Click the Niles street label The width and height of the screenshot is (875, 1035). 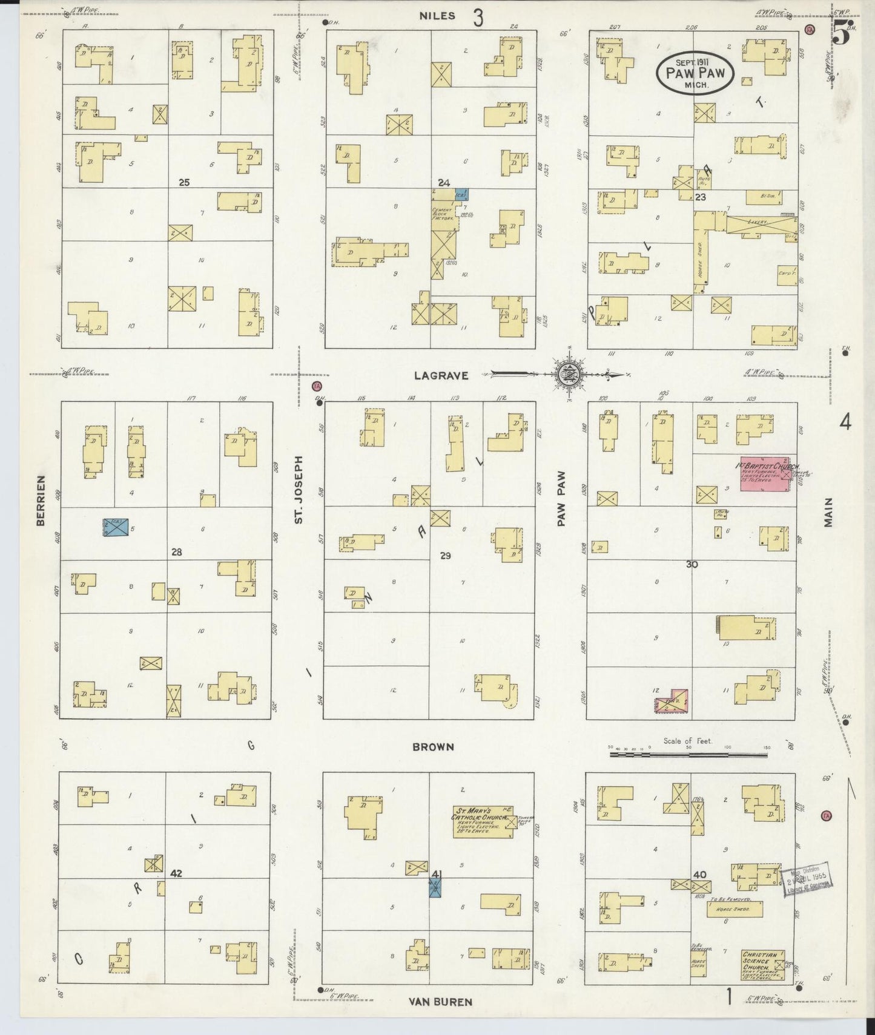[437, 16]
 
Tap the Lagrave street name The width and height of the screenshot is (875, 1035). [441, 375]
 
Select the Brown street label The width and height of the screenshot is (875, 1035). [433, 747]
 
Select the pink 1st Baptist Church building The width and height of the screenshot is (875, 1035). [765, 473]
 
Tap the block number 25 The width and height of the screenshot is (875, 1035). [184, 182]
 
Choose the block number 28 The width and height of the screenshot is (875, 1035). [176, 552]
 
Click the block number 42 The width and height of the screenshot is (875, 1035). [176, 873]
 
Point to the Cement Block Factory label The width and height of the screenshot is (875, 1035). [443, 213]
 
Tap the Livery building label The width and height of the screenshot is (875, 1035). [756, 223]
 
